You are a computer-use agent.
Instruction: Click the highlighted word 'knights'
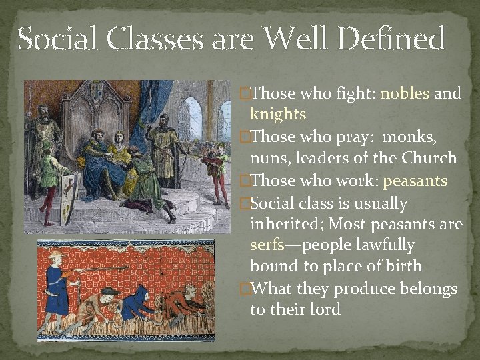click(x=277, y=114)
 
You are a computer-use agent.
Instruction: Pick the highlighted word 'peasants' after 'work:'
click(x=415, y=181)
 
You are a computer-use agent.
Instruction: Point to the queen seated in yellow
click(x=119, y=157)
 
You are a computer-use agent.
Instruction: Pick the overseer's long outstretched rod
click(x=100, y=269)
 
